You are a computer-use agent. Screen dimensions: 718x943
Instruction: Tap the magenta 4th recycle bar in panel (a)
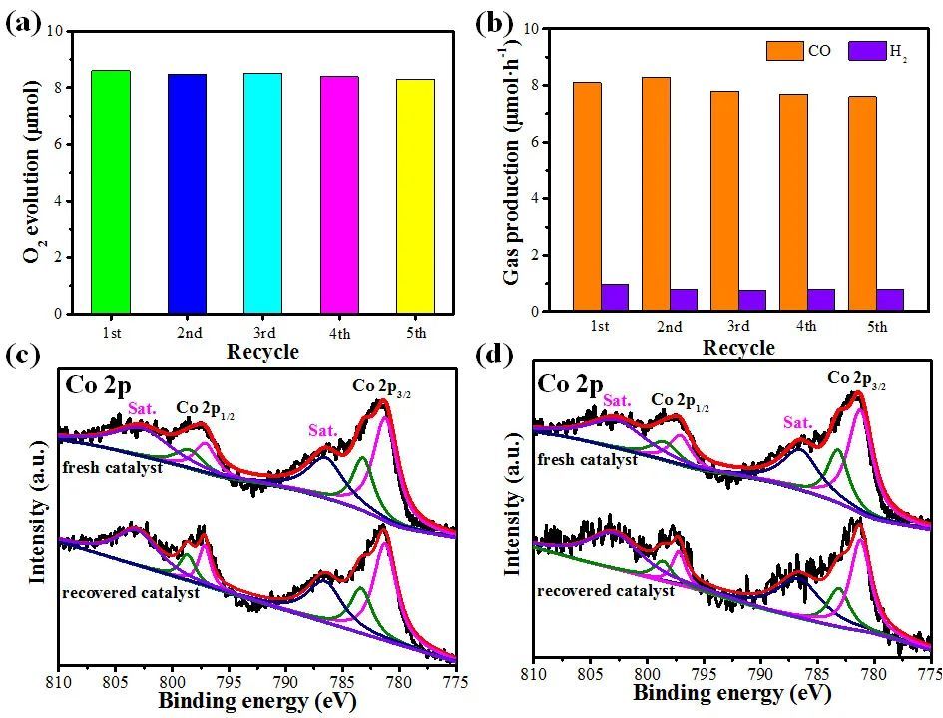click(x=340, y=195)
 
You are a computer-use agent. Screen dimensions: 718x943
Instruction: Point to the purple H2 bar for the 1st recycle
click(x=615, y=298)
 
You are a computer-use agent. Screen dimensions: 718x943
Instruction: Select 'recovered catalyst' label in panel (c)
click(x=130, y=592)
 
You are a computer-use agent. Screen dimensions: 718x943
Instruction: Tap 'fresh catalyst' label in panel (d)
click(x=587, y=460)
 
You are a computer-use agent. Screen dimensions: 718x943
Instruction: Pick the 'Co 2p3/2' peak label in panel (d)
click(x=856, y=379)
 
